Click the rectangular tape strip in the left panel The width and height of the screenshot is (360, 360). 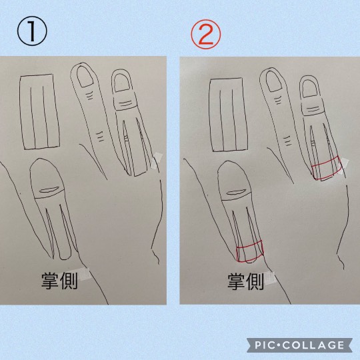pyautogui.click(x=39, y=113)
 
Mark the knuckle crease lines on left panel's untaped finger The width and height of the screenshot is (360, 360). pyautogui.click(x=100, y=136)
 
